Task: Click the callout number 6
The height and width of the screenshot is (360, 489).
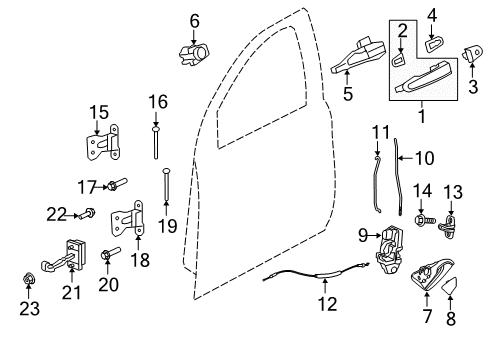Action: [194, 19]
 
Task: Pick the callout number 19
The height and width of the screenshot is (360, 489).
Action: [166, 226]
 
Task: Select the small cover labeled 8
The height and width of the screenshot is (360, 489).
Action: [451, 288]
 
